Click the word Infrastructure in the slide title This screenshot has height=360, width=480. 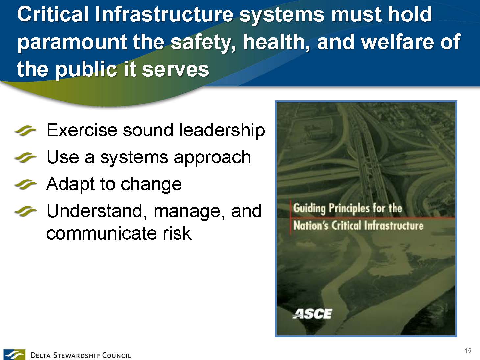coord(164,14)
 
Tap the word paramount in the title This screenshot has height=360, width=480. coord(72,43)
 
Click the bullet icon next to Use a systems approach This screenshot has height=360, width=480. coord(25,158)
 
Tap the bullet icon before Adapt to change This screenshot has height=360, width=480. coord(25,185)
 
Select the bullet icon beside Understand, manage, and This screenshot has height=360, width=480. coord(25,212)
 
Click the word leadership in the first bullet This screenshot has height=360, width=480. coord(222,131)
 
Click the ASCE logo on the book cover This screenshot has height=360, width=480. coord(312,314)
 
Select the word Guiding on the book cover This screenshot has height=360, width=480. coord(309,208)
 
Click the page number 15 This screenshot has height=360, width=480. coord(468,350)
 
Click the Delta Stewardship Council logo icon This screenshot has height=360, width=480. coord(14,354)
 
